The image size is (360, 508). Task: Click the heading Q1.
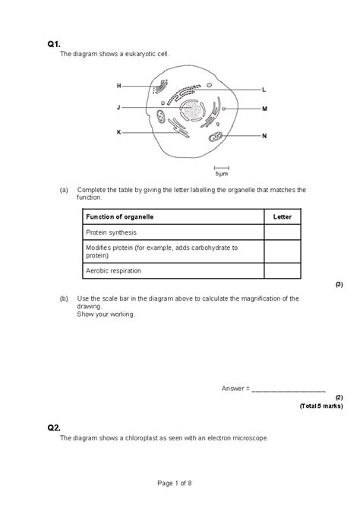click(x=53, y=45)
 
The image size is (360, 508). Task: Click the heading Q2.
click(x=53, y=428)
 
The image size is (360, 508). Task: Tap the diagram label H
click(x=118, y=86)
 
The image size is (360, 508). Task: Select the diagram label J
click(x=118, y=108)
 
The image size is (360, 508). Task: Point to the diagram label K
click(x=118, y=132)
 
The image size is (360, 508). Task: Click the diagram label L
click(x=264, y=90)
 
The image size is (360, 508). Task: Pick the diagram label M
click(x=264, y=109)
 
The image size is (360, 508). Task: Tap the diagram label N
click(x=264, y=136)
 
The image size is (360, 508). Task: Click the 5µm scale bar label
click(x=221, y=173)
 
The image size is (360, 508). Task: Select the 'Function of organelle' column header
click(x=120, y=217)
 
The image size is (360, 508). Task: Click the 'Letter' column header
click(x=282, y=217)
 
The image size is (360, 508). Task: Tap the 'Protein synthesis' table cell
click(x=111, y=232)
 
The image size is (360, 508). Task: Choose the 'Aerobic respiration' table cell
click(x=114, y=270)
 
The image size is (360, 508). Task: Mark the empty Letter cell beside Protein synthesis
click(x=282, y=232)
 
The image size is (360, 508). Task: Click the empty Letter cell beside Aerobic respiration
click(x=282, y=270)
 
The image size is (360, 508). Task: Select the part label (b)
click(x=65, y=298)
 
